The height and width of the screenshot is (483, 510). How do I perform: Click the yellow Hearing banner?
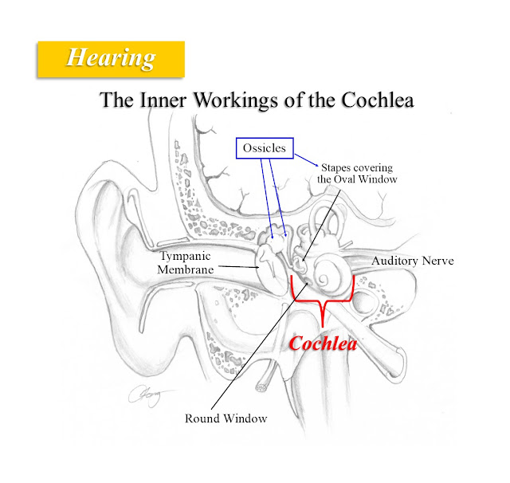click(111, 57)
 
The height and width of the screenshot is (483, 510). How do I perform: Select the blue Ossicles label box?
click(265, 148)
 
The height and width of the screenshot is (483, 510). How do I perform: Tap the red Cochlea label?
click(323, 345)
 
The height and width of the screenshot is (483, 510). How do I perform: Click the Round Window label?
click(226, 418)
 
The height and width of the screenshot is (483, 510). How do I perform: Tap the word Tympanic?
click(189, 257)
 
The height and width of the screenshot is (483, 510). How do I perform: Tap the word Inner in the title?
click(161, 101)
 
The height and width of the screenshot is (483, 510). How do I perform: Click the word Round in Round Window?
click(202, 418)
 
